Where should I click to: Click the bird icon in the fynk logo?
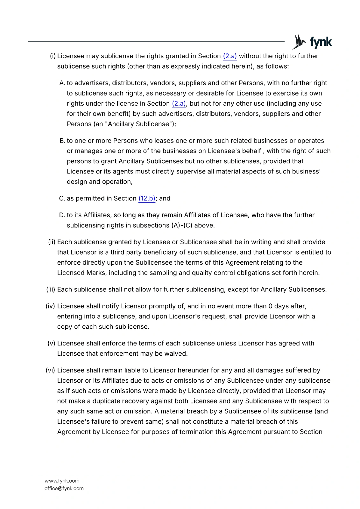[x=299, y=42]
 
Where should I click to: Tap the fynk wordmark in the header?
[x=321, y=42]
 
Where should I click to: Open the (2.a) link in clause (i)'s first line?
[x=230, y=56]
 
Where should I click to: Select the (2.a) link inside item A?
[x=179, y=104]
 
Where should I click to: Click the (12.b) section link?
[x=147, y=199]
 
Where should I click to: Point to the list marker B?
[x=62, y=141]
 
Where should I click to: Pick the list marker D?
[x=62, y=215]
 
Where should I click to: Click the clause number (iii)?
[x=51, y=289]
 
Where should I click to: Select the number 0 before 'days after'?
[x=270, y=306]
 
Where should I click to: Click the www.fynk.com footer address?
[x=62, y=481]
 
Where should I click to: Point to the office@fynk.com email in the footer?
[x=64, y=488]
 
